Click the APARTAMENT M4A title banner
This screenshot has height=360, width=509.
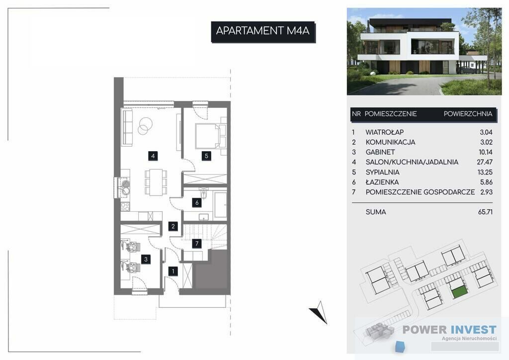(x=263, y=31)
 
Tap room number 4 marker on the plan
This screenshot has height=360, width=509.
(x=153, y=156)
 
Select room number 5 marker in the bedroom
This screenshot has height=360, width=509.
(x=206, y=156)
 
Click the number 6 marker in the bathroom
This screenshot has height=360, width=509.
(x=197, y=203)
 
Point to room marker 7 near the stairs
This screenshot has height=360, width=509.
(x=197, y=244)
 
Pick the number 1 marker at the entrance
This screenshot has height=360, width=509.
(x=173, y=271)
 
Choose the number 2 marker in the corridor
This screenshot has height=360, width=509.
(x=173, y=226)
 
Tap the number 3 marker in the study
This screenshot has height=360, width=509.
(x=146, y=259)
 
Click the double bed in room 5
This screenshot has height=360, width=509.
(x=207, y=136)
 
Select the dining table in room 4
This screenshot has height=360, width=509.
(x=156, y=182)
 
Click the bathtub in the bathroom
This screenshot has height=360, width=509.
(x=221, y=205)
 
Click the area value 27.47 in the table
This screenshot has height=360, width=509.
(x=485, y=162)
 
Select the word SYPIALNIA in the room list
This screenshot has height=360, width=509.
(x=383, y=172)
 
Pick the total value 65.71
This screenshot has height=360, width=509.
(x=485, y=212)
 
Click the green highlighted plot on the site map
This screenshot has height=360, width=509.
(x=460, y=292)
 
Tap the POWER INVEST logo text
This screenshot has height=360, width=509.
(x=449, y=330)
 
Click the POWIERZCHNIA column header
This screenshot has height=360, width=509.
(x=468, y=114)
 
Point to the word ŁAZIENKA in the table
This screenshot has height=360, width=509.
(x=382, y=182)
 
